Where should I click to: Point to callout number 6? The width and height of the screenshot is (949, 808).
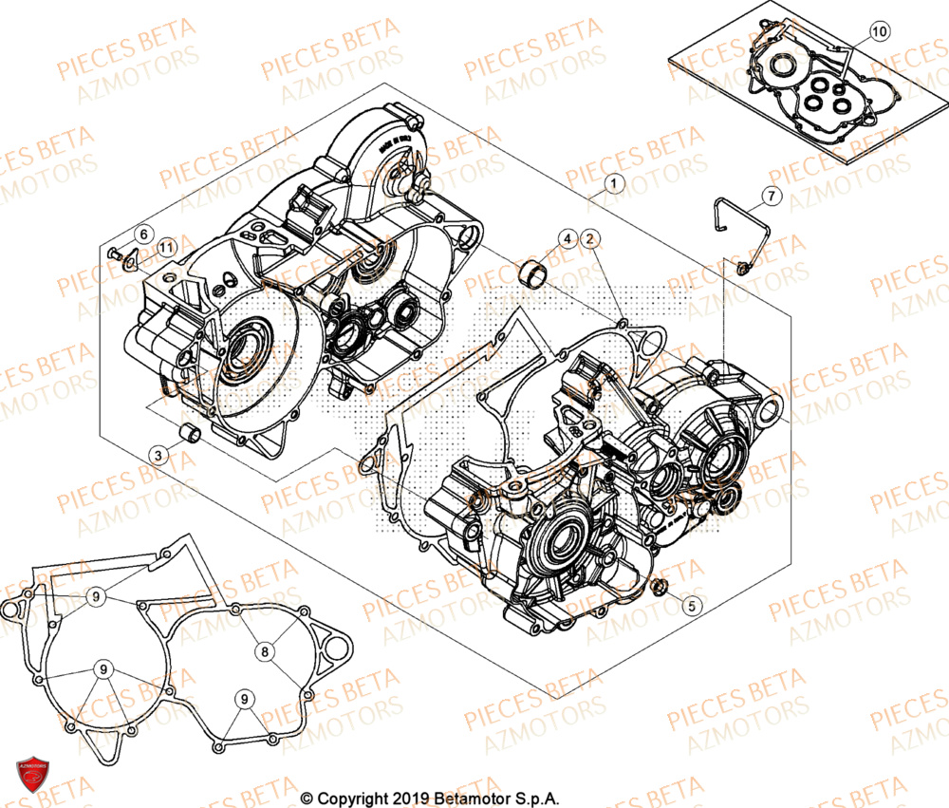(x=141, y=234)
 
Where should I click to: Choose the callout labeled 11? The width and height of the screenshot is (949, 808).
(x=166, y=249)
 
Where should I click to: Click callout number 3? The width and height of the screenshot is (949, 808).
(x=160, y=456)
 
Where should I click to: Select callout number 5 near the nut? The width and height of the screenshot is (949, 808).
(x=692, y=603)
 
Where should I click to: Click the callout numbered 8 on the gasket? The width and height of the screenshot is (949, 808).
(x=265, y=650)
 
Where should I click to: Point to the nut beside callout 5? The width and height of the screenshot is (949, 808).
(x=661, y=585)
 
